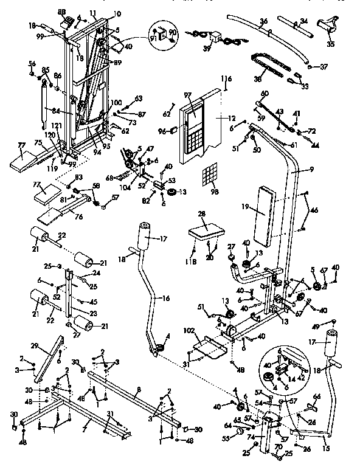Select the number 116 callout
tap(227, 79)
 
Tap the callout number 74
tap(251, 437)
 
